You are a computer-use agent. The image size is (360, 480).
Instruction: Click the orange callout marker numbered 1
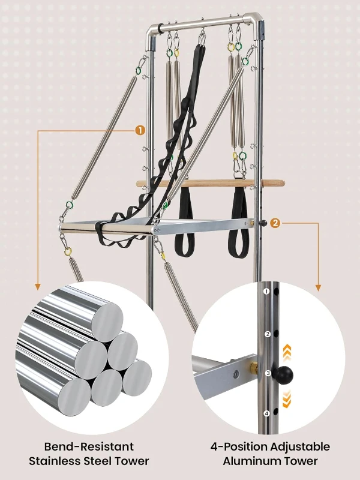coord(140,131)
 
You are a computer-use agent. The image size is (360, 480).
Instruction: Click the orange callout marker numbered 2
coord(275,223)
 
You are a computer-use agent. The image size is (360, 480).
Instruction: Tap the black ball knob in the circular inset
coord(283,374)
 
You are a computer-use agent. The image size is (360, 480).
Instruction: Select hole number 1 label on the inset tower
coord(266,291)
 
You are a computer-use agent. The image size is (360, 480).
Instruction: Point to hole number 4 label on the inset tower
coord(266,413)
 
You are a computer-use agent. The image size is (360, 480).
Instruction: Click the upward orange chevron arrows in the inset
coord(287,352)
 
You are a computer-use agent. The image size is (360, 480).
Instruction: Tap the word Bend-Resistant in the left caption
coord(89,446)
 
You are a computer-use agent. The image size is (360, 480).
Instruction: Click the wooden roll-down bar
coord(211,184)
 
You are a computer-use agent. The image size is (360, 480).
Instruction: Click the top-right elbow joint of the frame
coord(256,22)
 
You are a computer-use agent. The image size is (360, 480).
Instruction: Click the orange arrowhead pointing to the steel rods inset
coord(38,287)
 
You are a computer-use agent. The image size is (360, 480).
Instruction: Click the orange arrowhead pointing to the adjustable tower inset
coord(319,288)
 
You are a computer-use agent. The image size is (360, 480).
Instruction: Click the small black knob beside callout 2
coord(263,223)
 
